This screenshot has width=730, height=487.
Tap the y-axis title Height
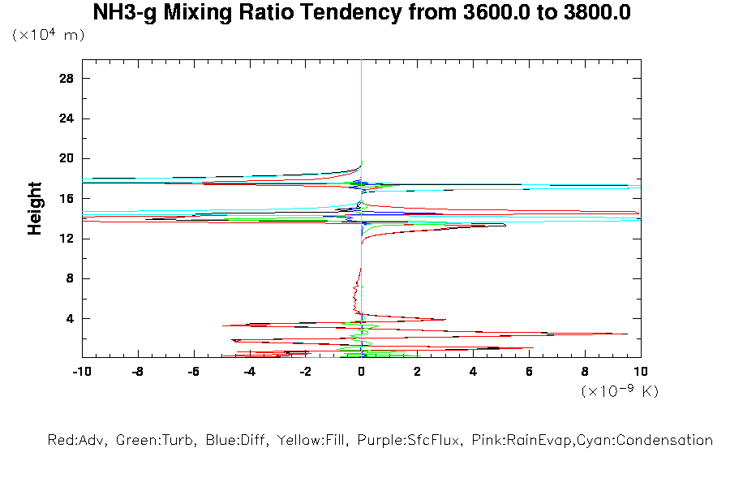point(35,209)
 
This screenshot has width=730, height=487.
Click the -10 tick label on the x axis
point(81,372)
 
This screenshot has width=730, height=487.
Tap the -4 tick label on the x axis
point(249,372)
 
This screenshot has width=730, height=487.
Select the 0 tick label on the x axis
point(361,372)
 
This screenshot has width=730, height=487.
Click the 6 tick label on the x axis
point(529,372)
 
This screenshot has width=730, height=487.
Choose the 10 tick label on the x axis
point(641,372)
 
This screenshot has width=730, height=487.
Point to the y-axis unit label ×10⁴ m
point(48,36)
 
